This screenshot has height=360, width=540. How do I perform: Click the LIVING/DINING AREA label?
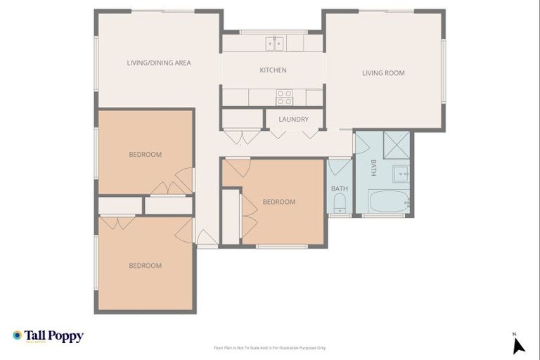point(159,63)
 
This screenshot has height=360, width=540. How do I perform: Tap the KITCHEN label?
point(273,70)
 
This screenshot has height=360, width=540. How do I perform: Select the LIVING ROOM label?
point(383,73)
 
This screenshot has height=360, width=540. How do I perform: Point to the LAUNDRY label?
point(293,120)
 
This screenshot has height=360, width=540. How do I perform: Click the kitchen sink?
point(274,44)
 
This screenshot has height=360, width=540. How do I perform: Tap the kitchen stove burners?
point(284,97)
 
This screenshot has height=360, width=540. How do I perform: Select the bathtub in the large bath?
point(388,200)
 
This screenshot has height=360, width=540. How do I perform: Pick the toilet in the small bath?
point(340,204)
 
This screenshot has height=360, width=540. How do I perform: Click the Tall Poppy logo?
point(48,336)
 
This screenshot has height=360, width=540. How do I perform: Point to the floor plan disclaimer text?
point(270,347)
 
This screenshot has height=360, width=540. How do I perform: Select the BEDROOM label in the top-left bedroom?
point(145,155)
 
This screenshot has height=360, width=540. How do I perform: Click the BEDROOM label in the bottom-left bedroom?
point(145,266)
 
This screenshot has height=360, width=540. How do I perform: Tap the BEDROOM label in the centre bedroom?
point(279,202)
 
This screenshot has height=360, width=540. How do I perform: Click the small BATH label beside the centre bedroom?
point(340,188)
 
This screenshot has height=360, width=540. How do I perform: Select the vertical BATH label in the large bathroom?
point(374,167)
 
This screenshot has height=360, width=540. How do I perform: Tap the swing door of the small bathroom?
point(339,167)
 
